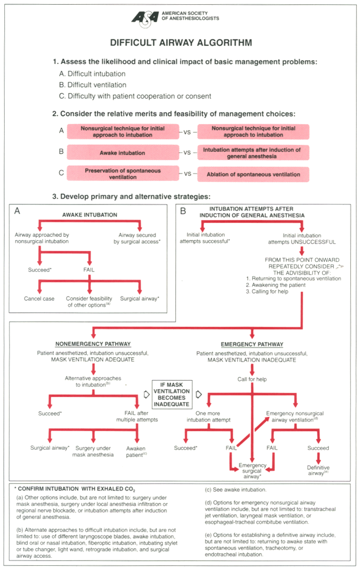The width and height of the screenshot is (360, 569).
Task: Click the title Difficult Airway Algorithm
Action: (x=181, y=43)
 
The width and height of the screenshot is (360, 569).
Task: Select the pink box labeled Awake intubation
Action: (x=122, y=153)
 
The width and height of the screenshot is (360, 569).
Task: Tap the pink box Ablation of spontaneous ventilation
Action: (x=253, y=174)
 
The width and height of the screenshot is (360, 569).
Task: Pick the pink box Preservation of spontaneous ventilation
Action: (x=122, y=174)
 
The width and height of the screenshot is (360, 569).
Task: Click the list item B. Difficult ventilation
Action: (x=93, y=85)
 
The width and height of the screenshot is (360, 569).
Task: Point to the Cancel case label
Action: (x=39, y=299)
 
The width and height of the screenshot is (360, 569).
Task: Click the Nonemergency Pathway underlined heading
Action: (x=93, y=344)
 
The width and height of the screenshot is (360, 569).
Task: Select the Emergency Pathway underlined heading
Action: (x=252, y=344)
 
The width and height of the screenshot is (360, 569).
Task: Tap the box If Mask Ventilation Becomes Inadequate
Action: (x=171, y=394)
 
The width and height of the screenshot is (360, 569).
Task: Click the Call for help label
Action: (x=252, y=379)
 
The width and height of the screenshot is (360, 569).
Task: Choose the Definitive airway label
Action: (x=318, y=471)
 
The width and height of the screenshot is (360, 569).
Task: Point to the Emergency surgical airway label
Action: (x=252, y=471)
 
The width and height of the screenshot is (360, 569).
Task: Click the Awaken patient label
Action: (x=136, y=451)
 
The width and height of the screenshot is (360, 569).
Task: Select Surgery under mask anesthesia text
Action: (x=93, y=451)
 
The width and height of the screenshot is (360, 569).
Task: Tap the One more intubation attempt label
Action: (x=208, y=417)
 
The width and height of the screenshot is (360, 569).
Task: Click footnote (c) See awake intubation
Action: (x=235, y=490)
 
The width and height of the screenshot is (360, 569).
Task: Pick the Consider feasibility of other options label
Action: (x=89, y=302)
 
